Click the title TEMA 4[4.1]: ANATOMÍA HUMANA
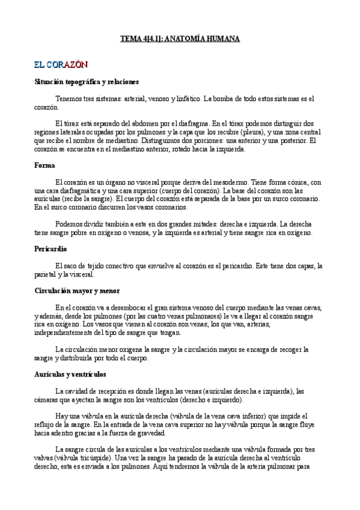180,38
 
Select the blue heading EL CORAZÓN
61,64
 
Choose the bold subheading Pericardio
50,248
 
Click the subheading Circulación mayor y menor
77,290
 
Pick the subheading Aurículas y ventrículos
70,373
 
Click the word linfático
188,99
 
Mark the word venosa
123,233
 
